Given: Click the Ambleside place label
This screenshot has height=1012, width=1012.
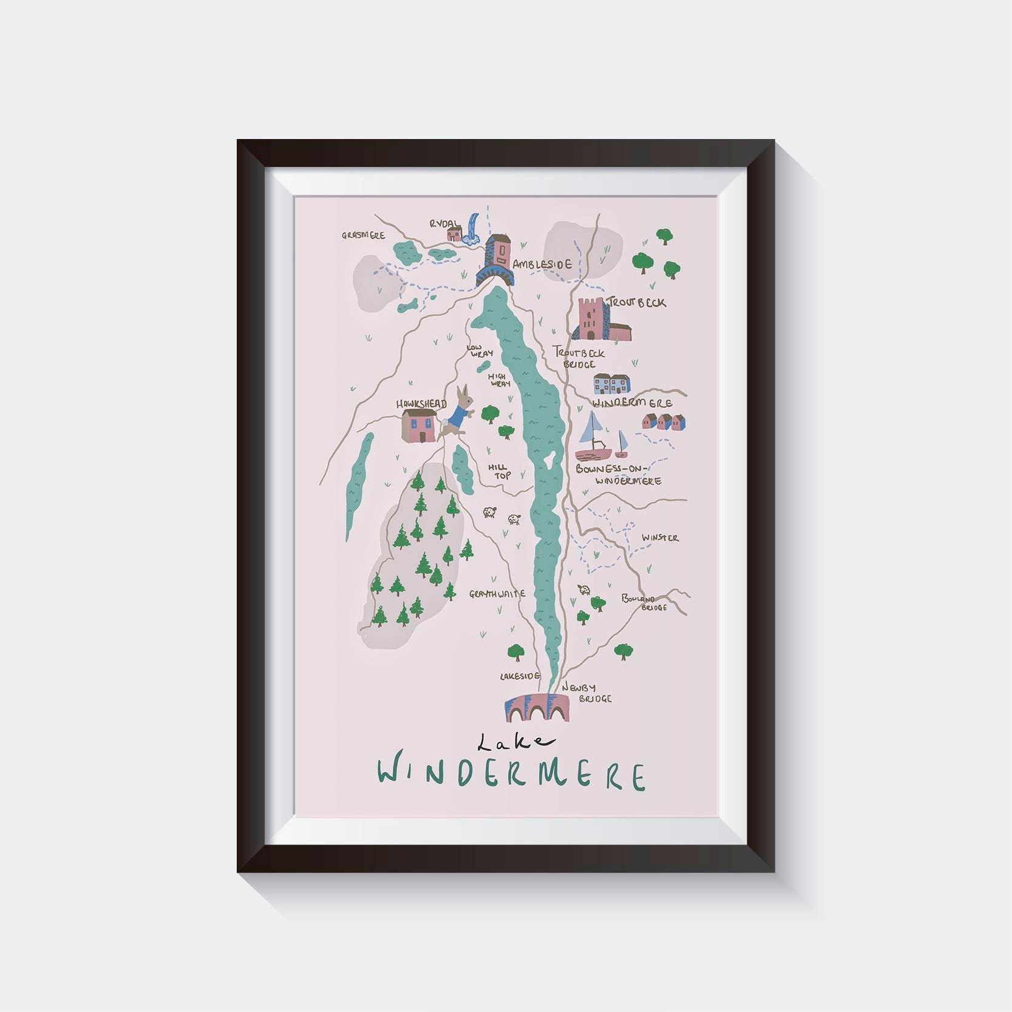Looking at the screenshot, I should [x=542, y=265].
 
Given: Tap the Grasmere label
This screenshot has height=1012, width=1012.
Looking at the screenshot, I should [x=363, y=235].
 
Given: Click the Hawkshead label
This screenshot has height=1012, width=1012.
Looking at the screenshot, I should [x=421, y=404].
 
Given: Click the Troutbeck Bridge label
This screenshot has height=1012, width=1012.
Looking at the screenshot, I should [x=579, y=358].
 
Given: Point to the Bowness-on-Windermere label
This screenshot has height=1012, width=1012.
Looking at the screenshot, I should [x=618, y=474].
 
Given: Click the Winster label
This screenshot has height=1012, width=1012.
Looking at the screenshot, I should [x=661, y=538].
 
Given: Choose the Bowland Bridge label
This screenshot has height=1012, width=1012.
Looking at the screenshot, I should [x=644, y=602].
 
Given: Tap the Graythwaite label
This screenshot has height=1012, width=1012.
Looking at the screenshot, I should [x=497, y=594].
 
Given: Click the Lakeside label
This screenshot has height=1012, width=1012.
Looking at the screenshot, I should [x=520, y=676].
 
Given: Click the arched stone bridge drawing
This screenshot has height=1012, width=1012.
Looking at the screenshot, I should [x=537, y=708].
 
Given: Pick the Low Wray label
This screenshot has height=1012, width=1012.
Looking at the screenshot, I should [x=480, y=350].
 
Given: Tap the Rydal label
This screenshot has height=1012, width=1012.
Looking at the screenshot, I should [x=445, y=223].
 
